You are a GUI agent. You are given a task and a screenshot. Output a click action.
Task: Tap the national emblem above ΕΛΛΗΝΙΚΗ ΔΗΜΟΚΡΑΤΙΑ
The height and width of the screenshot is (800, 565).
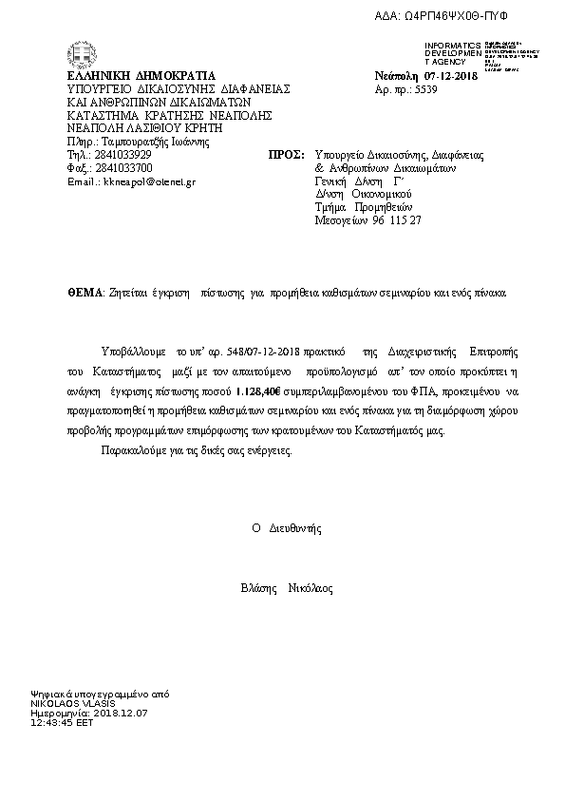pyautogui.click(x=76, y=56)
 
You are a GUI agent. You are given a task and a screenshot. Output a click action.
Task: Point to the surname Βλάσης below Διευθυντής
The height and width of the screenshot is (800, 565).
pyautogui.click(x=259, y=588)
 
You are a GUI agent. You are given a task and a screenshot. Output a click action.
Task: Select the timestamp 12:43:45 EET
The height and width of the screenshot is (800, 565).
pyautogui.click(x=63, y=721)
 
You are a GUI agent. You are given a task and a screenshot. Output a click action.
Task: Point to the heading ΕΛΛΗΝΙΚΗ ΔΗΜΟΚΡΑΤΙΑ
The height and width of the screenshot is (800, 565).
pyautogui.click(x=141, y=76)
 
